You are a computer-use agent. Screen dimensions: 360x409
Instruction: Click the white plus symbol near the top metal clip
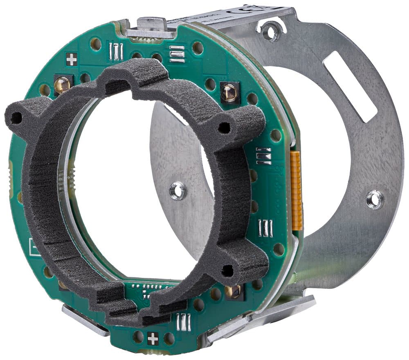pyautogui.click(x=71, y=60)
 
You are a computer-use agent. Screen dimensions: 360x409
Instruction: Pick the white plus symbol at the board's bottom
pyautogui.click(x=153, y=338)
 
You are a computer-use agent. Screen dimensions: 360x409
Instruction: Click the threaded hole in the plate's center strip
pyautogui.click(x=178, y=190)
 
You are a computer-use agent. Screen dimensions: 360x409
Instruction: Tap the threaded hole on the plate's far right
pyautogui.click(x=375, y=199)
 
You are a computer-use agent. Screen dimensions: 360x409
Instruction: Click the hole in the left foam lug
pyautogui.click(x=16, y=118)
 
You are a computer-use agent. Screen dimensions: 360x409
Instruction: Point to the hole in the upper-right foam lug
pyautogui.click(x=224, y=127)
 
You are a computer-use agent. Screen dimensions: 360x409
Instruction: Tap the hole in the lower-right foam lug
pyautogui.click(x=227, y=270)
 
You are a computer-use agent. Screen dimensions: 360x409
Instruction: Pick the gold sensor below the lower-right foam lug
pyautogui.click(x=234, y=291)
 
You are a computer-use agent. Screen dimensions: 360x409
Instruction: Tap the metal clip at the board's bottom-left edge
pyautogui.click(x=84, y=319)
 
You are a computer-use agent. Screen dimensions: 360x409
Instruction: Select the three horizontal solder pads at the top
pyautogui.click(x=177, y=54)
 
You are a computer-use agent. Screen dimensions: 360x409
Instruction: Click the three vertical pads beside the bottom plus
pyautogui.click(x=184, y=322)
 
